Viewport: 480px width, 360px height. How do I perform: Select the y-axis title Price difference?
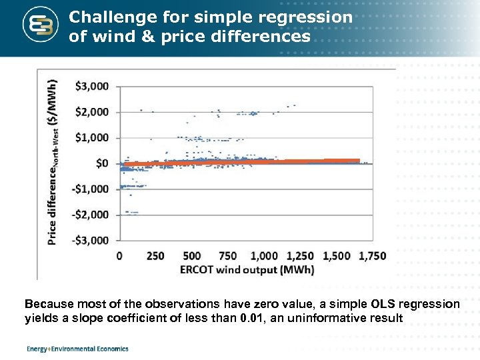53,163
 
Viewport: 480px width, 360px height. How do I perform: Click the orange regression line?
240,162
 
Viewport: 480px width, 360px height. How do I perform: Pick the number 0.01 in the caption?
251,318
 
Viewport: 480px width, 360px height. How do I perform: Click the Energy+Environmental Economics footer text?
77,349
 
